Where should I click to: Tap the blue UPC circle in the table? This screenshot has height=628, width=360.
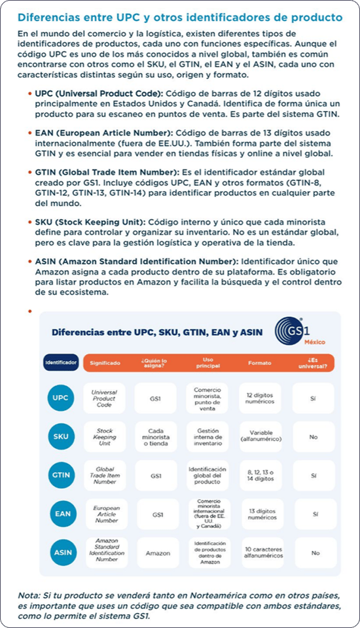pyautogui.click(x=60, y=398)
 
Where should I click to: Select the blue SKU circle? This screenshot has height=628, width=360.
pyautogui.click(x=60, y=436)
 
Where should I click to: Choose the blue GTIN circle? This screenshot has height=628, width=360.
pyautogui.click(x=60, y=476)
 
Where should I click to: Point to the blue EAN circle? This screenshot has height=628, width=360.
pyautogui.click(x=60, y=514)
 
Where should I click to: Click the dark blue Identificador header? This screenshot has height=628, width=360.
pyautogui.click(x=61, y=362)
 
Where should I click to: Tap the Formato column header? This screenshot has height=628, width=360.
pyautogui.click(x=259, y=362)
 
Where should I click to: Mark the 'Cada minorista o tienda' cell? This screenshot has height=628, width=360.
pyautogui.click(x=156, y=436)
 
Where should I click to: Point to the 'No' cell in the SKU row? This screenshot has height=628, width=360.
pyautogui.click(x=314, y=436)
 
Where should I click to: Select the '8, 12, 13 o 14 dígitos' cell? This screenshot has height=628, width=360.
pyautogui.click(x=259, y=476)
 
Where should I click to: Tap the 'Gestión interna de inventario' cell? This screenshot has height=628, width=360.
pyautogui.click(x=207, y=436)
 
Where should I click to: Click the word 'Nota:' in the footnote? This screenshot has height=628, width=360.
pyautogui.click(x=30, y=595)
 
